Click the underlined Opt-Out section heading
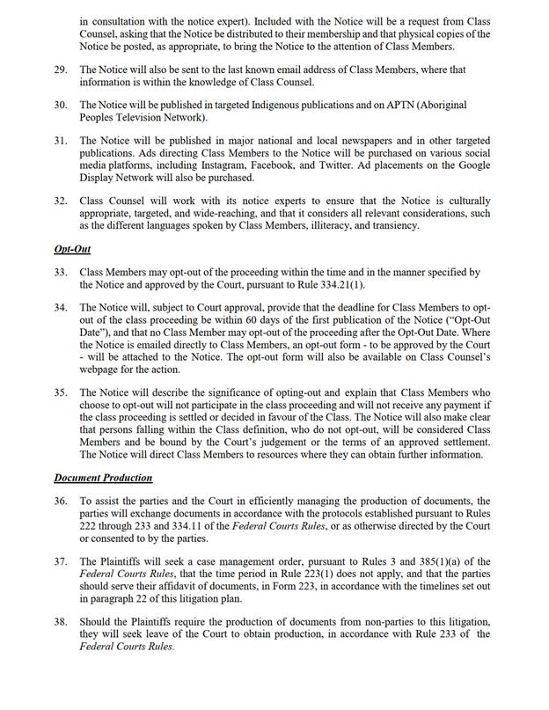[72, 249]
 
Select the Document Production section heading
[103, 478]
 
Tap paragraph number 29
[61, 69]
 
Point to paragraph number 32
[61, 201]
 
